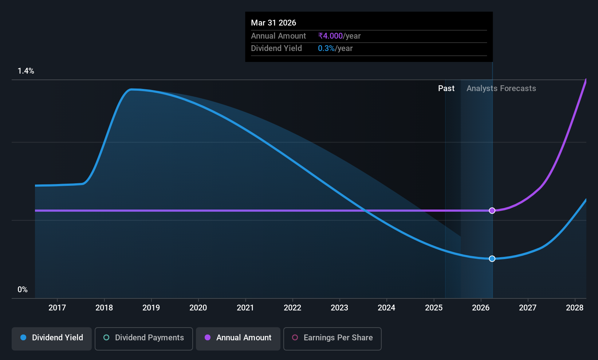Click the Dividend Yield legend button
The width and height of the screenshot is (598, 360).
click(x=51, y=339)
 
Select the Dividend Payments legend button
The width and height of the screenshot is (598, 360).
click(x=143, y=339)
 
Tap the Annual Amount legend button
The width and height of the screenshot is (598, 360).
click(x=238, y=339)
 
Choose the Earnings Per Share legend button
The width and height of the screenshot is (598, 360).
click(x=333, y=339)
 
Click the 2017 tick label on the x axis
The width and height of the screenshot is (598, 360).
click(x=57, y=308)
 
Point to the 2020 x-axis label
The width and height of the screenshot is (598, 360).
click(x=198, y=308)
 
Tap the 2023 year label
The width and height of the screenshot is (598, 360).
click(x=339, y=308)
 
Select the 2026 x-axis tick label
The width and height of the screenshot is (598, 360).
click(x=481, y=308)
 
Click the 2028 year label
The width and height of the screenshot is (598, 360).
click(x=575, y=308)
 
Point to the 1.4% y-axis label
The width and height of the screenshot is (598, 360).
click(x=26, y=71)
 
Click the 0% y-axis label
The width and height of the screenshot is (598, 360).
click(x=23, y=290)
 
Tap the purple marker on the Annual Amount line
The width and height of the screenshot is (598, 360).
click(x=492, y=211)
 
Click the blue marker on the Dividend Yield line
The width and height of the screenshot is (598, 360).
click(x=492, y=258)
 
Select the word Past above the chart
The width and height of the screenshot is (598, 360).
click(x=446, y=89)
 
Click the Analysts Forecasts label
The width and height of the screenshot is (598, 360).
click(x=501, y=89)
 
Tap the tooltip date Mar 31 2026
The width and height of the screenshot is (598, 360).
click(x=274, y=23)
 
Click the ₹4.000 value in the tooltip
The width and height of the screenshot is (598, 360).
click(x=330, y=36)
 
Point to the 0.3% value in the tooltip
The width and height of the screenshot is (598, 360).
click(x=326, y=48)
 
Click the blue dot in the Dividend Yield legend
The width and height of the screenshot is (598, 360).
click(x=24, y=337)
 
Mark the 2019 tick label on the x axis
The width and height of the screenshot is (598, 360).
click(x=151, y=308)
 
